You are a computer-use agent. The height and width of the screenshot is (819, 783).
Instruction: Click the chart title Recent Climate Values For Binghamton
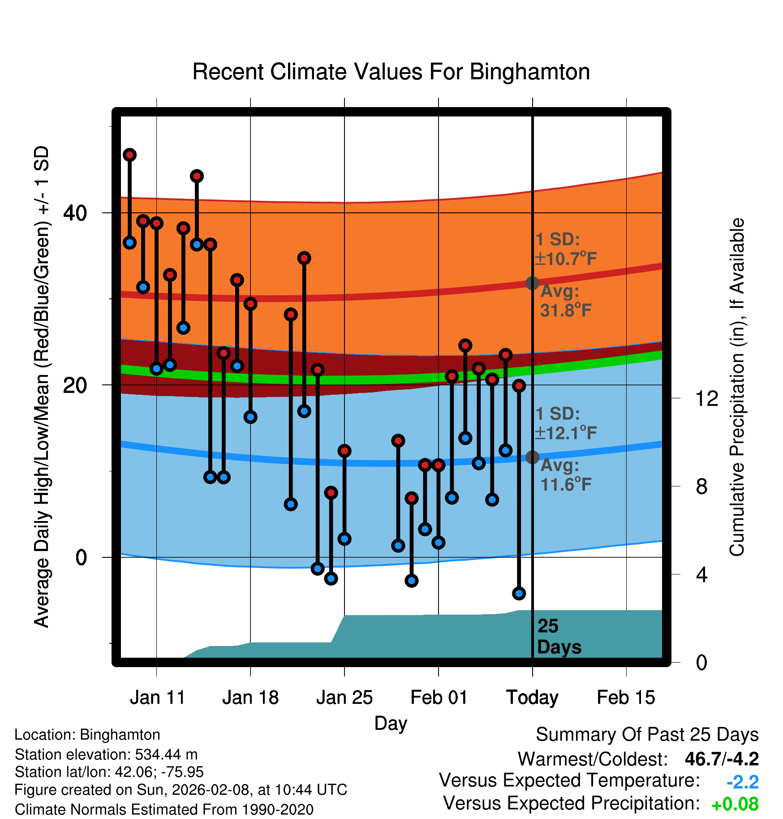point(391,72)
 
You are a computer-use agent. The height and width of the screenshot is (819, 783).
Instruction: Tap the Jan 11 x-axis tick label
point(157,697)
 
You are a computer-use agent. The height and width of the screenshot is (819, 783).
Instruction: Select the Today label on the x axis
point(532,697)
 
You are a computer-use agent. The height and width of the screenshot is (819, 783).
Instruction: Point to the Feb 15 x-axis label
point(626,697)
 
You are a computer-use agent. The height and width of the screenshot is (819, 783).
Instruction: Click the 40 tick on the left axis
point(75,213)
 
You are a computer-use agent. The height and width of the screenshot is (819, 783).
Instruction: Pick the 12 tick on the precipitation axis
point(707,398)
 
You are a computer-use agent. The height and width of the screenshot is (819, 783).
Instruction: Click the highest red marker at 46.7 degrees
point(130,155)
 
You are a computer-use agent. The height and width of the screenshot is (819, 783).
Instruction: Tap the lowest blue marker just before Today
point(519,593)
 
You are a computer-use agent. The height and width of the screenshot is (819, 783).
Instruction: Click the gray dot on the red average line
point(532,283)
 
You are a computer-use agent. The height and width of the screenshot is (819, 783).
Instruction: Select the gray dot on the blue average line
point(532,457)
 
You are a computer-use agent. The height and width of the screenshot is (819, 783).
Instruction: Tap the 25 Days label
point(559,637)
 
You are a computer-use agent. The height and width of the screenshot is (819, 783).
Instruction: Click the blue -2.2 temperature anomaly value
point(742,782)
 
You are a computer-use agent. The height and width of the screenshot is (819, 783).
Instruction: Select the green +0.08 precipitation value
point(735,804)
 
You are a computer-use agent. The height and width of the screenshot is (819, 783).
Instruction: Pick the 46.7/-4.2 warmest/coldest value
point(722,759)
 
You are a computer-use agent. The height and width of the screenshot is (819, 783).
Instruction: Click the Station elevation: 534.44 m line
point(106,754)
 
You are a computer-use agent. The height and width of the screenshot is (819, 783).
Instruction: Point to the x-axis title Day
point(391,723)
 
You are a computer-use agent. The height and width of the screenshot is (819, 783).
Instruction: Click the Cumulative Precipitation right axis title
point(737,387)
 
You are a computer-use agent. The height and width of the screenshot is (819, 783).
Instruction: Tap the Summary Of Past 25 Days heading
point(647,735)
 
